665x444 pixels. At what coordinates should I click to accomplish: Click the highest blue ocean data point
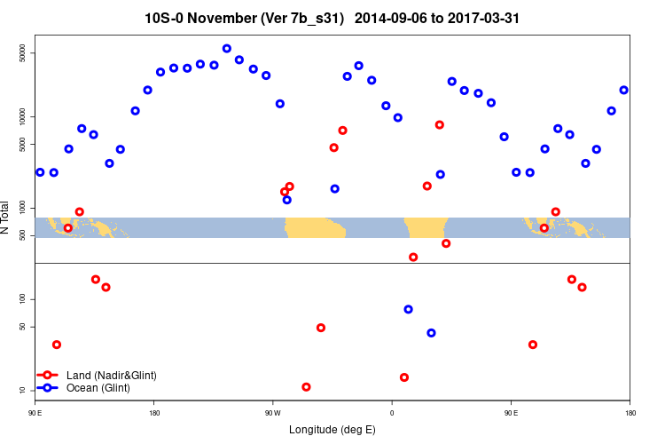click(x=227, y=49)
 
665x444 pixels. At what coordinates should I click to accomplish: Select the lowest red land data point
click(x=306, y=387)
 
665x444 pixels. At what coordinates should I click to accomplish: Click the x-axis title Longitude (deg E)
click(x=332, y=430)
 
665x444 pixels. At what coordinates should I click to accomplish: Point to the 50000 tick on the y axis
click(x=24, y=53)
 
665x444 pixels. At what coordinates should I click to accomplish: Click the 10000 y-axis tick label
click(x=24, y=116)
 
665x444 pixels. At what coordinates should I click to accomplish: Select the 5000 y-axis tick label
click(x=24, y=144)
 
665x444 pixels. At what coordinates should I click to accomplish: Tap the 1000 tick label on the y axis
click(x=24, y=208)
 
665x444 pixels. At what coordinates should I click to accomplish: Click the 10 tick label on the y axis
click(x=24, y=390)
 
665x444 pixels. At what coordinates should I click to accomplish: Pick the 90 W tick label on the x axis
click(x=272, y=413)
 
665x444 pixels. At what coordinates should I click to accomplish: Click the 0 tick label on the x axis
click(x=391, y=413)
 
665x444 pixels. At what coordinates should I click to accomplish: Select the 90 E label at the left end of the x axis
click(x=35, y=413)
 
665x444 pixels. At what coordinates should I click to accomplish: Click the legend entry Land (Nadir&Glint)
click(x=111, y=376)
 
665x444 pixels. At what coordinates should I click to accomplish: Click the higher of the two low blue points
click(x=408, y=309)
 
